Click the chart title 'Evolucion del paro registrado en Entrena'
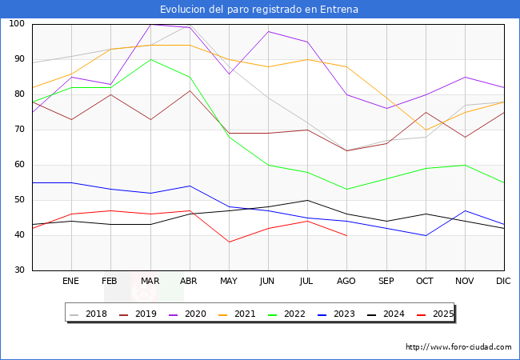[259, 10]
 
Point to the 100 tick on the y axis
[16, 24]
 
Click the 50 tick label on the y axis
[19, 200]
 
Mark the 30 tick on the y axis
[19, 270]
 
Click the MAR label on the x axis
[150, 282]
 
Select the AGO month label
[346, 282]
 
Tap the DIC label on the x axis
[503, 282]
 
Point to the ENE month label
[71, 282]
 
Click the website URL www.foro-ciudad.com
[458, 347]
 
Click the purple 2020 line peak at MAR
[150, 24]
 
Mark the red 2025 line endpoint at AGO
[346, 235]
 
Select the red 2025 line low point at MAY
[229, 242]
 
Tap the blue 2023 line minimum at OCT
[425, 235]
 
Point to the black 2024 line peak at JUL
[307, 200]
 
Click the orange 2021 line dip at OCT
[425, 130]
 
